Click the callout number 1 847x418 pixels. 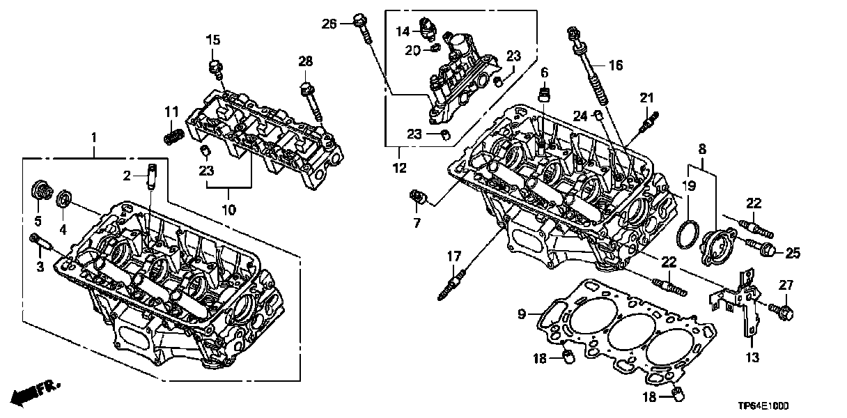click(94, 138)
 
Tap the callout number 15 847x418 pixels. click(212, 39)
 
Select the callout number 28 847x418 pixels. click(306, 61)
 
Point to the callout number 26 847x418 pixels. click(329, 24)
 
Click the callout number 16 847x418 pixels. click(615, 66)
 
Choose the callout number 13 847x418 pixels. click(753, 358)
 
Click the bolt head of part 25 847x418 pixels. click(769, 249)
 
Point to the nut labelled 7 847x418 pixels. click(418, 197)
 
